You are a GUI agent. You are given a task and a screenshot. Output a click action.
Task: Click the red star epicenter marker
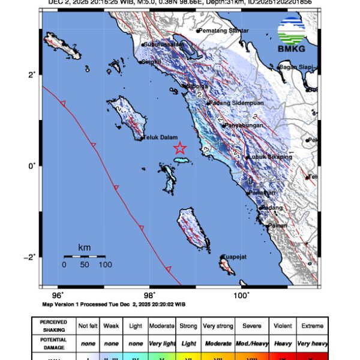click(180, 148)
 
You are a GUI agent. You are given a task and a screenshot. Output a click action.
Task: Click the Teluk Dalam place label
click(158, 138)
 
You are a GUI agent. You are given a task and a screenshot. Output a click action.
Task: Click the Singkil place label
click(150, 61)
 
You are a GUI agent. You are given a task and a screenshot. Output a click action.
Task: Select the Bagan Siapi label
click(298, 67)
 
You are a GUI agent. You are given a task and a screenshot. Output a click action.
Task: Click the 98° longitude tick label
click(149, 295)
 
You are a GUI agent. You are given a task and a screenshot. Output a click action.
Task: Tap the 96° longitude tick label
click(58, 295)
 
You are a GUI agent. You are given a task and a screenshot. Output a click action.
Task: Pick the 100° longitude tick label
click(241, 295)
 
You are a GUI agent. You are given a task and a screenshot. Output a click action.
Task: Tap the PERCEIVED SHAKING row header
click(53, 326)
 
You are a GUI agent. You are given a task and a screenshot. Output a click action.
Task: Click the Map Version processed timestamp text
click(114, 304)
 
